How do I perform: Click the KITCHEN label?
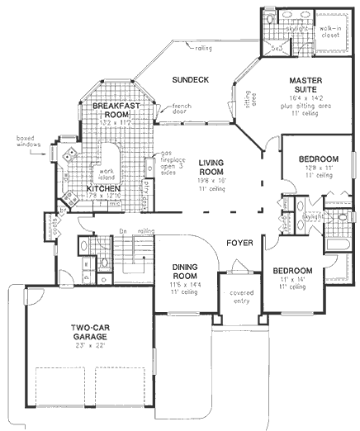click(105, 189)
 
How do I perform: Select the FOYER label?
click(240, 244)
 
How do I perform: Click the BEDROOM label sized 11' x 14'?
click(292, 271)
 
